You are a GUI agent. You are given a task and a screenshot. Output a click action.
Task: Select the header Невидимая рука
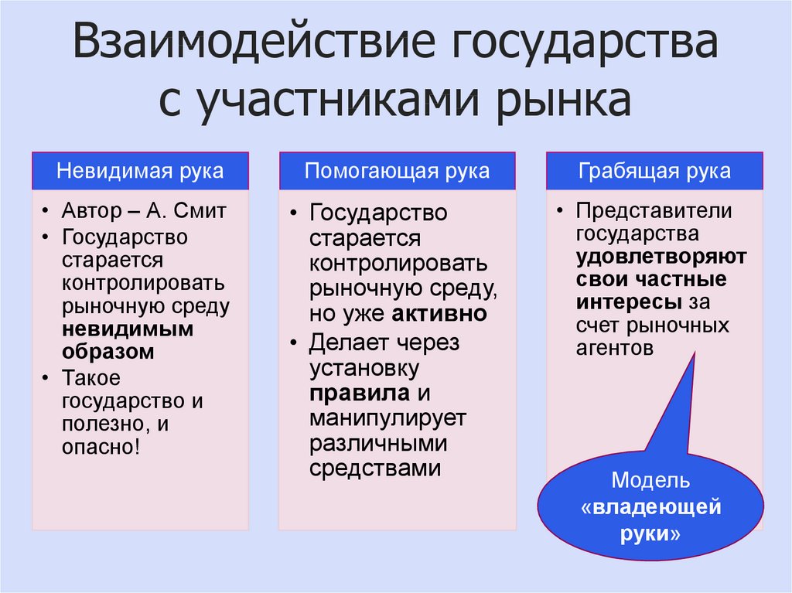click(x=140, y=171)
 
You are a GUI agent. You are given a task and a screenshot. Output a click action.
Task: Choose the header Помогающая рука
click(x=397, y=171)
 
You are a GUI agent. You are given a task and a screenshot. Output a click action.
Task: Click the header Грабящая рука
click(x=654, y=171)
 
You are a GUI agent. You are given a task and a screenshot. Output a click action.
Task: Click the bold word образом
click(x=108, y=351)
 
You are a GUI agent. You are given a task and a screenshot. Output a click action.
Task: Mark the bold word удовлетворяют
click(x=661, y=256)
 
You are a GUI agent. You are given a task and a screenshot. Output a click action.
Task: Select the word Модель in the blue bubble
click(x=650, y=480)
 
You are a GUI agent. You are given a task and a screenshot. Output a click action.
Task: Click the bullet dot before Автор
click(x=47, y=212)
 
